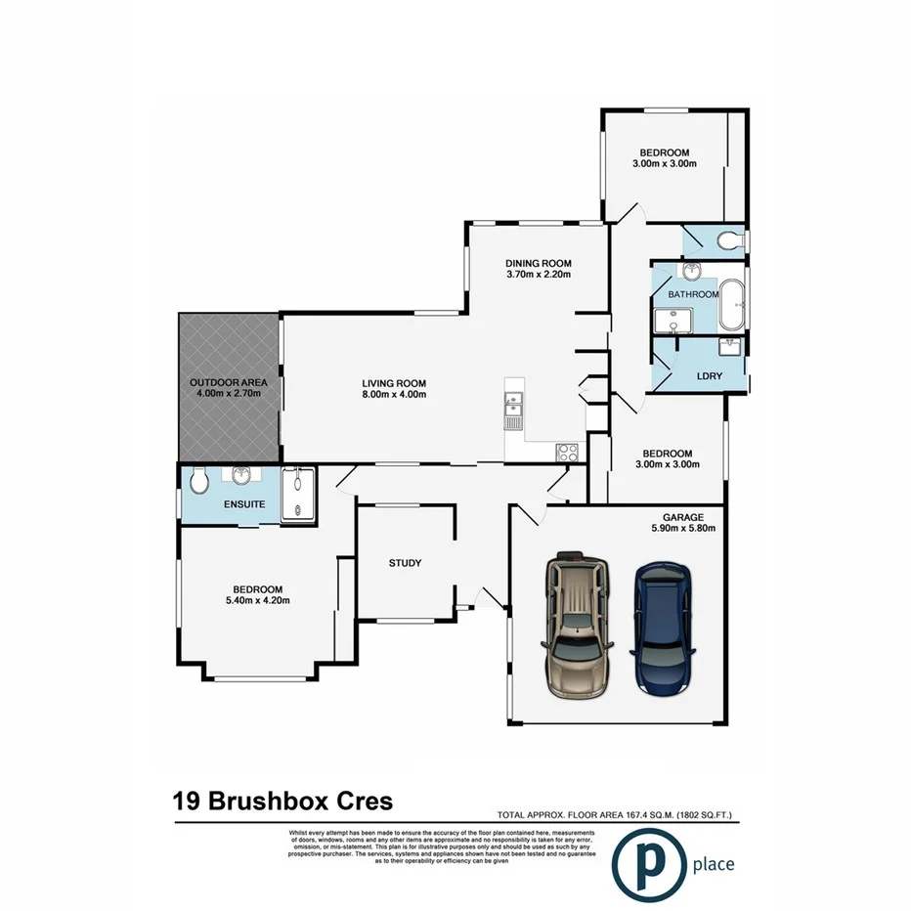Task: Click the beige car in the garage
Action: click(577, 626)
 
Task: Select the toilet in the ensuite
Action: click(198, 481)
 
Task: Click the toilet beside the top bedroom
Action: click(728, 240)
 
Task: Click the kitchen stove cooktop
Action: click(567, 452)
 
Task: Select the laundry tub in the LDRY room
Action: click(729, 348)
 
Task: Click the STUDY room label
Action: click(405, 563)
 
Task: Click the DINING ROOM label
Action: click(538, 263)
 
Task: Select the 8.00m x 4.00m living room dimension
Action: click(394, 395)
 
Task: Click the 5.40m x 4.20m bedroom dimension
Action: click(257, 600)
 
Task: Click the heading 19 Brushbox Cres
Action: click(283, 802)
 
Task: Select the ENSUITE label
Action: click(244, 504)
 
